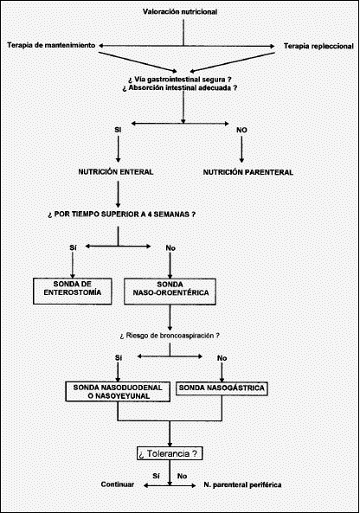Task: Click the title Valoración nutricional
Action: coord(180,12)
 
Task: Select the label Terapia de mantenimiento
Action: coord(51,45)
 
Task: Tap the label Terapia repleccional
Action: coord(318,46)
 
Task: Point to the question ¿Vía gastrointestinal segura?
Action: coord(180,80)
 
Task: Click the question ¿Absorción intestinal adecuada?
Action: coord(180,88)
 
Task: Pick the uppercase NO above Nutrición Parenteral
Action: coord(241,131)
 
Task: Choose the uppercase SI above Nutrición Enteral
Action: coord(118,130)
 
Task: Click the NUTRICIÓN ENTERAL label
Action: coord(115,172)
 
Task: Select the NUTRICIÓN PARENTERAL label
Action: coord(248,172)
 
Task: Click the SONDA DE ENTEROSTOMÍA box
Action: coord(73,292)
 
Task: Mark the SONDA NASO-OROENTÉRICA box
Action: coord(170,292)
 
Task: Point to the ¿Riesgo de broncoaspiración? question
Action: coord(170,336)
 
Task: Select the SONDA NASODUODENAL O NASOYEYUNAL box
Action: coord(118,392)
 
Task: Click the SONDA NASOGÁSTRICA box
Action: coord(222,388)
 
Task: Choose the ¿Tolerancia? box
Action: coord(170,453)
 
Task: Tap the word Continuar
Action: coord(117,484)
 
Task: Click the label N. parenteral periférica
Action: coord(242,484)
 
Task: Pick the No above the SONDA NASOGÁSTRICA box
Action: coord(222,358)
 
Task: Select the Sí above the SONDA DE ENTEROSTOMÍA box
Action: coord(73,247)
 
